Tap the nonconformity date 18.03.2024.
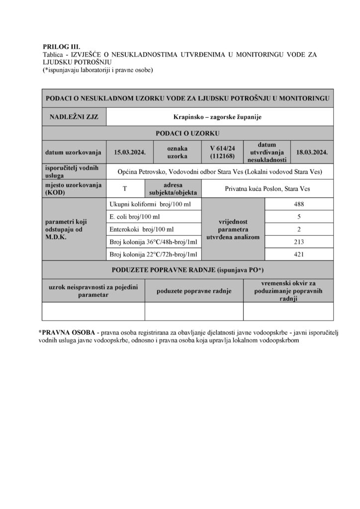312,152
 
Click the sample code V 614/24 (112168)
222,152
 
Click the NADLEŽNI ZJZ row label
74,117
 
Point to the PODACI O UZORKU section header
187,134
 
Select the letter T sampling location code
124,188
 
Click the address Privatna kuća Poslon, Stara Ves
264,188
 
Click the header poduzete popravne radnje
194,291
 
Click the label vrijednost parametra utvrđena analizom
233,229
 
